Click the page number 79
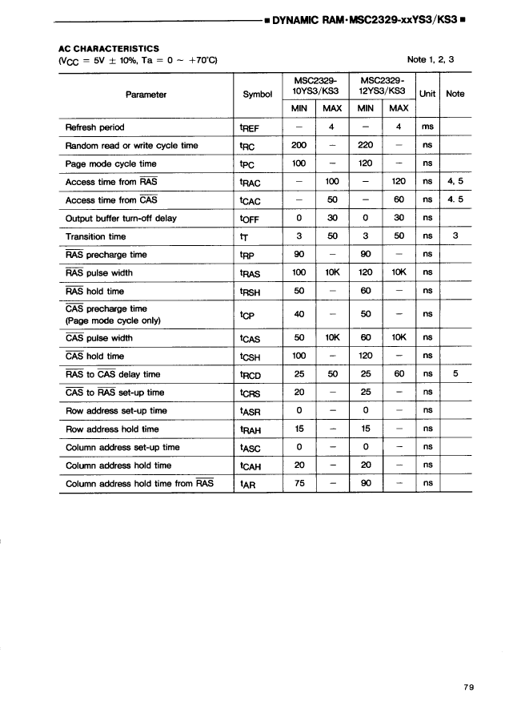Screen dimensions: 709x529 point(469,687)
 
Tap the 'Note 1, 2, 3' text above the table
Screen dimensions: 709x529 point(431,60)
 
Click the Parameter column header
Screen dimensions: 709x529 point(146,95)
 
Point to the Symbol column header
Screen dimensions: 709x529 point(258,95)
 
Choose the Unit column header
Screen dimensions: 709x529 point(428,94)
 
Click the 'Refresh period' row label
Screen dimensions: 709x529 point(94,127)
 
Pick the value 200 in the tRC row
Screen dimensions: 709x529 point(299,145)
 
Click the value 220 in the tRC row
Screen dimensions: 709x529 point(366,145)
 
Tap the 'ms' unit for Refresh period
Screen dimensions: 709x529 point(427,127)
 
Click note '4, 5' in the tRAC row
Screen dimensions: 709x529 point(455,182)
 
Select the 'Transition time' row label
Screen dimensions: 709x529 point(95,236)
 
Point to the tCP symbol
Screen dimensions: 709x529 point(250,315)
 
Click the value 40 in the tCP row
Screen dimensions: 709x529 point(299,314)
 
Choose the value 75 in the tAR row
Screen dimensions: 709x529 point(299,483)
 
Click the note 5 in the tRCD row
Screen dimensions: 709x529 point(455,373)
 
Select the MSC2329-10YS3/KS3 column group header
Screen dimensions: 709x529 point(315,86)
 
